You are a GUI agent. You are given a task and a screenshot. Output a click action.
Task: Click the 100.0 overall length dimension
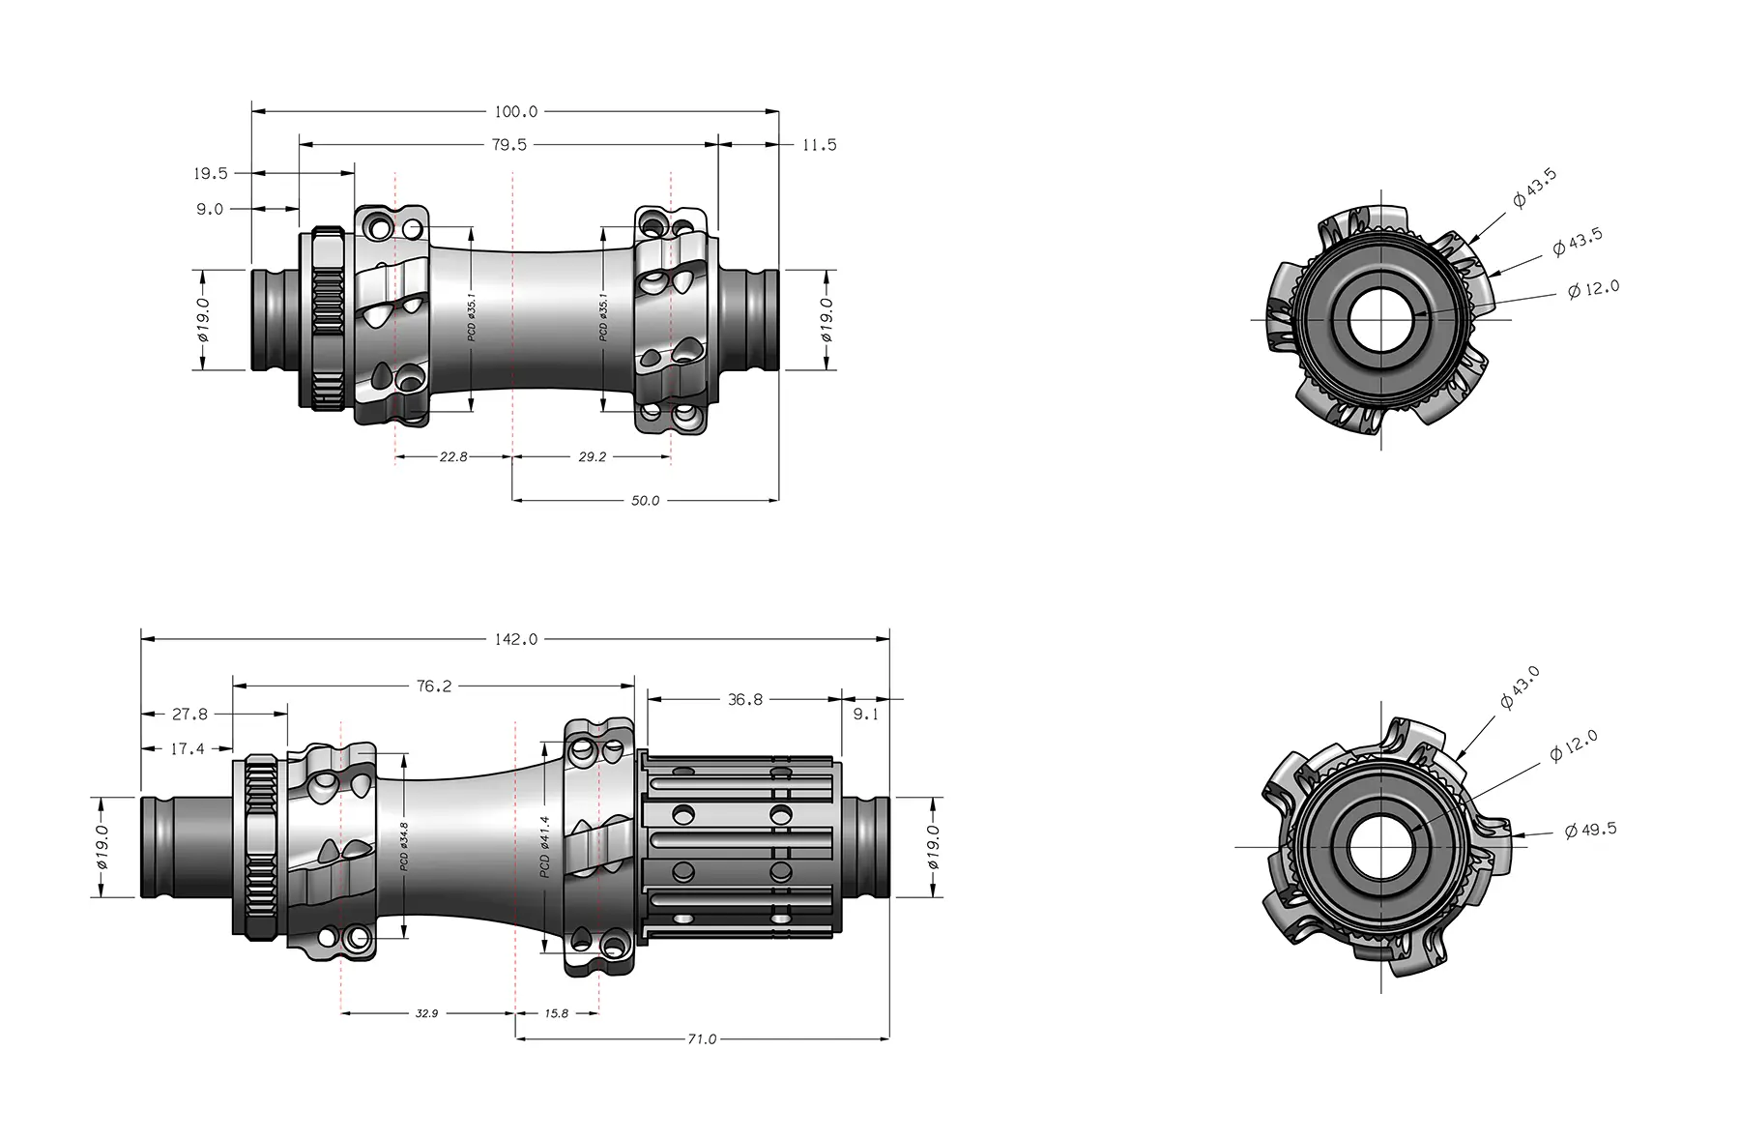point(515,112)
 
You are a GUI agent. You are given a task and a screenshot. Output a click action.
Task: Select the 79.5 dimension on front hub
point(509,145)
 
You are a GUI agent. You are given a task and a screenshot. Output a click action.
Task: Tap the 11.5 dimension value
point(819,145)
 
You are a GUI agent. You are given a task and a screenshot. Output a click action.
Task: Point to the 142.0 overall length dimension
point(515,639)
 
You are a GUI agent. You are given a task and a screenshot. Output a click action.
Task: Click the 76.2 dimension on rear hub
point(434,686)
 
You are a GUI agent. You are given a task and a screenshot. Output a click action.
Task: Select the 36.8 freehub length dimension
point(744,699)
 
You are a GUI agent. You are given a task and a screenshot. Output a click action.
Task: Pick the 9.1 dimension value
point(866,715)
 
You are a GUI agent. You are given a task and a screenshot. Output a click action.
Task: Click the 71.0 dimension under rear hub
point(702,1039)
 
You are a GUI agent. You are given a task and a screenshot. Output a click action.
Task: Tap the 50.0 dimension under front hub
point(645,501)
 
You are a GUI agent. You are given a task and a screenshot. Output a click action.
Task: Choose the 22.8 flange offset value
point(452,456)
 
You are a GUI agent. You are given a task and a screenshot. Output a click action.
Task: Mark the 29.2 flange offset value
point(592,456)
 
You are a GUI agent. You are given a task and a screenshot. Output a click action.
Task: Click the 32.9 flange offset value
point(426,1013)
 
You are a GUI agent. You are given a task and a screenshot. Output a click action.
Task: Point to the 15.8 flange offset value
point(557,1013)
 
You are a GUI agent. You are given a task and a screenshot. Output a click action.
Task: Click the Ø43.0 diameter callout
point(1520,687)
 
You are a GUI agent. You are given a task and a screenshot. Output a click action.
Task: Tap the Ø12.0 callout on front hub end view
point(1593,289)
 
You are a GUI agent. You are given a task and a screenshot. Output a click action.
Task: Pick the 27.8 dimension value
point(189,715)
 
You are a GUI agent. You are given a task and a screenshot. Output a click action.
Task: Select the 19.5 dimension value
point(210,174)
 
